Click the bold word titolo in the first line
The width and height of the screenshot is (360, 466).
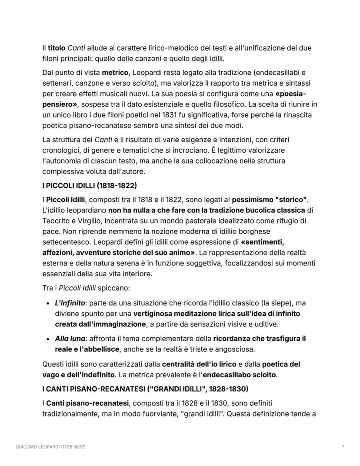point(56,48)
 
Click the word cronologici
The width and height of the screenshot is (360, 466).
point(60,150)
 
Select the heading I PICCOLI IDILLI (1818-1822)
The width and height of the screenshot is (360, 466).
point(89,186)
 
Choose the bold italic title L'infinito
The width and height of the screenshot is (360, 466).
point(70,303)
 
